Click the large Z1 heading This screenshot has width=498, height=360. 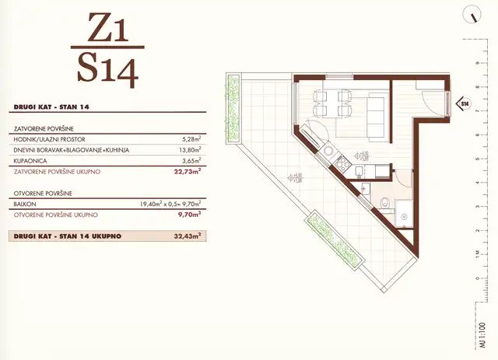click(x=107, y=28)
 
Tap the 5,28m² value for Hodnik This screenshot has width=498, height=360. click(x=191, y=139)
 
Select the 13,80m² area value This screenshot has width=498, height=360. click(x=189, y=150)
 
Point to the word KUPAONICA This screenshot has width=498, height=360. click(x=30, y=161)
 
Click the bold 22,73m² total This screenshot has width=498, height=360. click(x=188, y=172)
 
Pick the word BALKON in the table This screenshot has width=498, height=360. click(x=25, y=204)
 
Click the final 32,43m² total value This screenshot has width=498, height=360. click(x=188, y=236)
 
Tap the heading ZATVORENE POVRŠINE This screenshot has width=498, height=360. click(x=44, y=129)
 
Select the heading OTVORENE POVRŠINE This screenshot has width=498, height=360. click(x=44, y=194)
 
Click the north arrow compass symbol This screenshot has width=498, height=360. click(x=472, y=14)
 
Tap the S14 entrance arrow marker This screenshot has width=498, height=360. click(x=464, y=103)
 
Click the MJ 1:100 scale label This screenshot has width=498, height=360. click(x=482, y=336)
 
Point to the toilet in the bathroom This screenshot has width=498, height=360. click(x=385, y=202)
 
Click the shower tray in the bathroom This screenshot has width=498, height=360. click(x=404, y=214)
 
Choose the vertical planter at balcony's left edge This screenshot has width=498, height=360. click(x=233, y=109)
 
